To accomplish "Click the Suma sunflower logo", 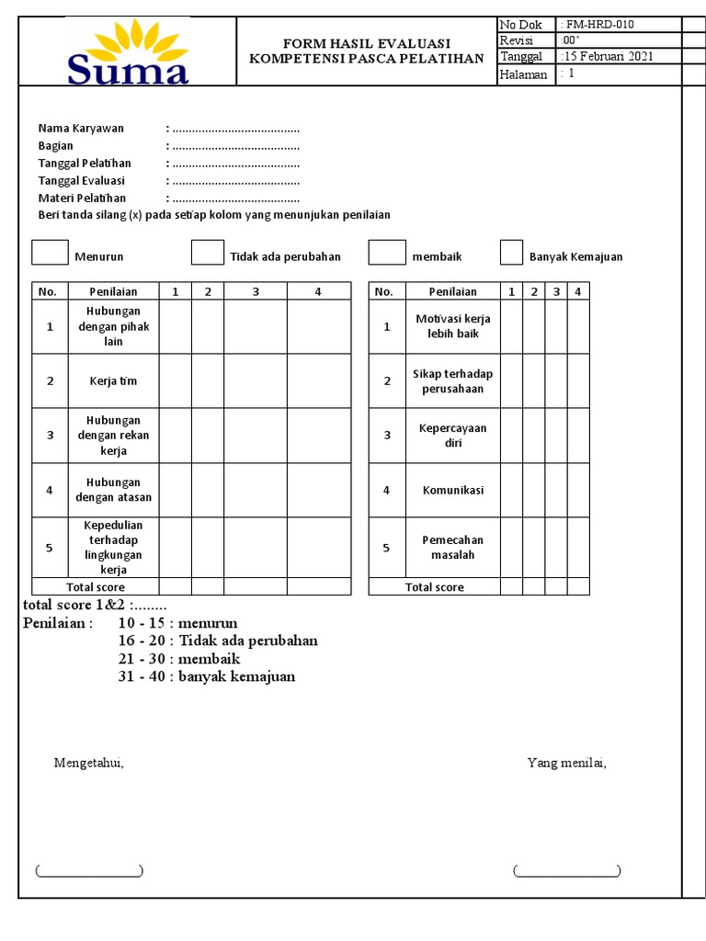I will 127,51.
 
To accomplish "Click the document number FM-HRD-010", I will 601,25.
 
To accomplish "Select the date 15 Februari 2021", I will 608,56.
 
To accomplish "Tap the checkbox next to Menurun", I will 50,253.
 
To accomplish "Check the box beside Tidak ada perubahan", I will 208,253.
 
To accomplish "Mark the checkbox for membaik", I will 387,253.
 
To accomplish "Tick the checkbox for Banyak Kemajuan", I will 511,253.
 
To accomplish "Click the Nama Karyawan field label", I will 81,129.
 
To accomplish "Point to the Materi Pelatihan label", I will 82,198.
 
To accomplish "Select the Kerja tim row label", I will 113,381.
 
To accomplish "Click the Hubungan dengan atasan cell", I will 113,490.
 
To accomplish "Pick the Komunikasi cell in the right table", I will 452,490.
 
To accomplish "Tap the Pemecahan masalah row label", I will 452,548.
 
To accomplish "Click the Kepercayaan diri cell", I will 452,436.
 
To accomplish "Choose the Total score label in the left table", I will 96,587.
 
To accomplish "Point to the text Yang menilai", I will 566,763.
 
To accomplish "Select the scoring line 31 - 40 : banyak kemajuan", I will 207,677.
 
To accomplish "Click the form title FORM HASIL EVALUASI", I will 366,43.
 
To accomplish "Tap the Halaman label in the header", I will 524,75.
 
